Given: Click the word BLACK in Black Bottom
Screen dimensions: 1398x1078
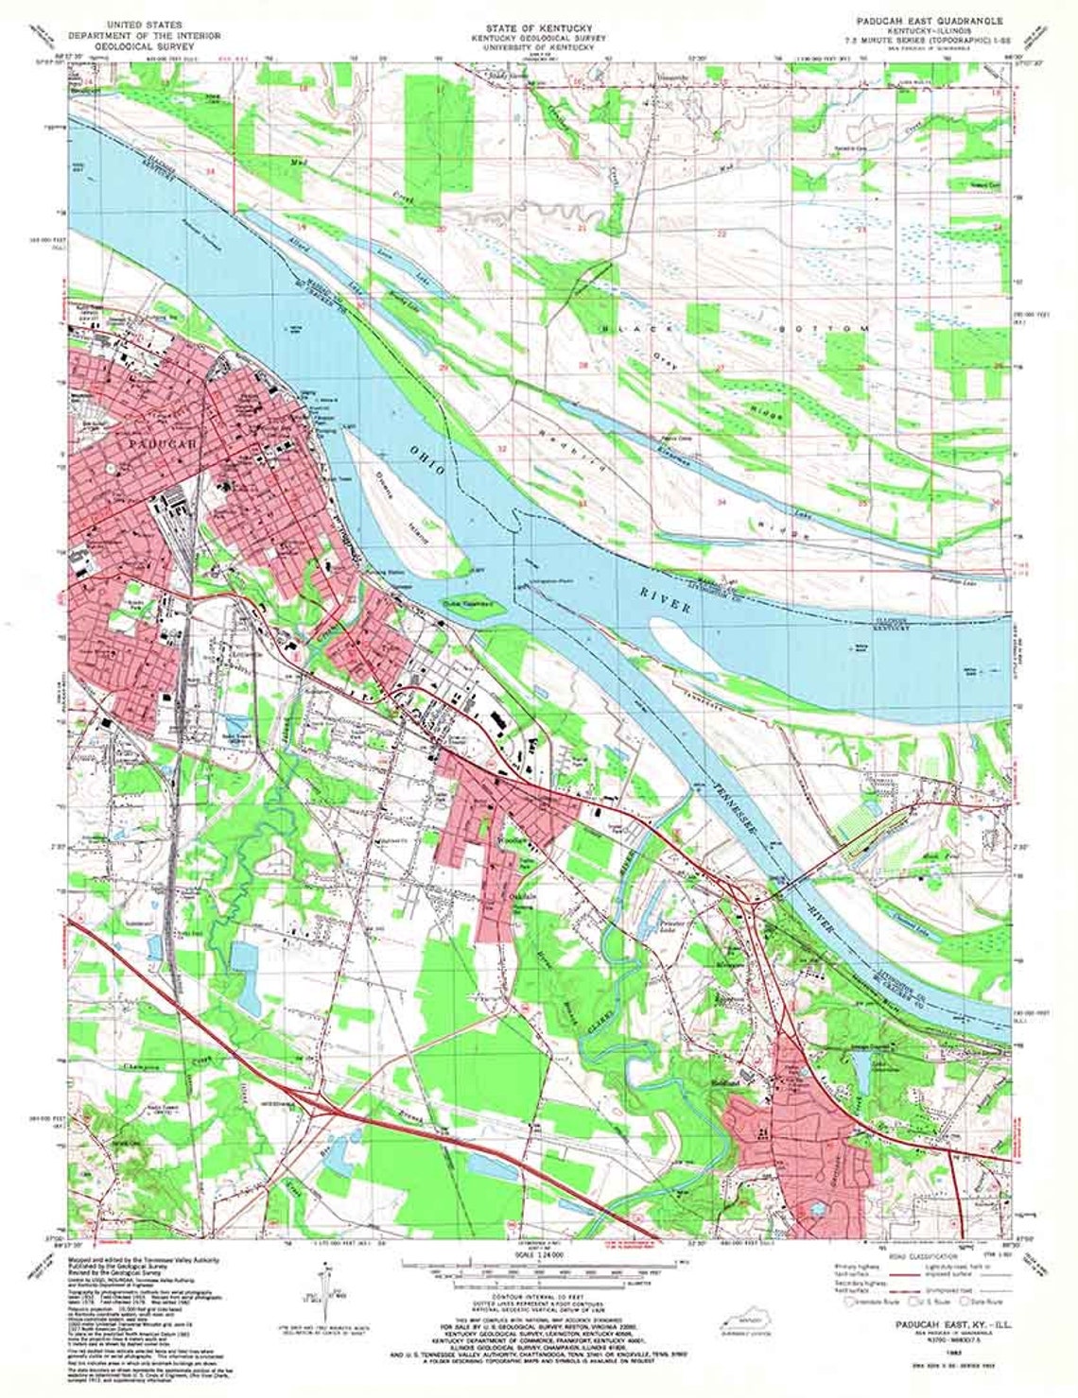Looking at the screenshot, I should [624, 328].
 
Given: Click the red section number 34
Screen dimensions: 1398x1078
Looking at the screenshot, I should [722, 502].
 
